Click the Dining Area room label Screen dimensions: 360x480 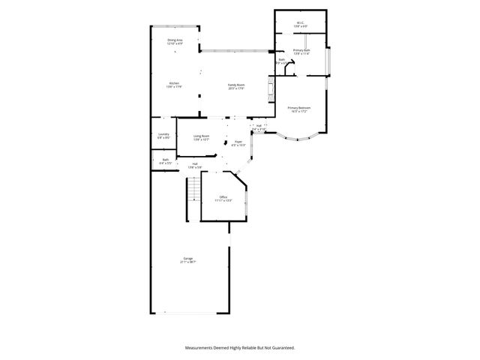[174, 41]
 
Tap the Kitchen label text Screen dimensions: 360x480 [174, 85]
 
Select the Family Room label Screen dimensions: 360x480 [236, 86]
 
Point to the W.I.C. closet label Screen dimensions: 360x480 [299, 24]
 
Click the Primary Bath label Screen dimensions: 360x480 [301, 52]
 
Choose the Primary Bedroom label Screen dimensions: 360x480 [299, 109]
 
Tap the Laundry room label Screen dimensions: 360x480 [163, 136]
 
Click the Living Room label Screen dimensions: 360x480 [201, 138]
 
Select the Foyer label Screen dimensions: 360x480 [238, 142]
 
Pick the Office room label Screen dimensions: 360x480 [223, 199]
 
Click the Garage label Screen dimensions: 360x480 [187, 260]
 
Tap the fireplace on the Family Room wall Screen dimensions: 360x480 [271, 90]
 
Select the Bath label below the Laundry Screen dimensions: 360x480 [165, 160]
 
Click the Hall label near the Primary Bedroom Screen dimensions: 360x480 [259, 127]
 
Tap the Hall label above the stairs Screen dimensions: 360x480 [195, 165]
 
